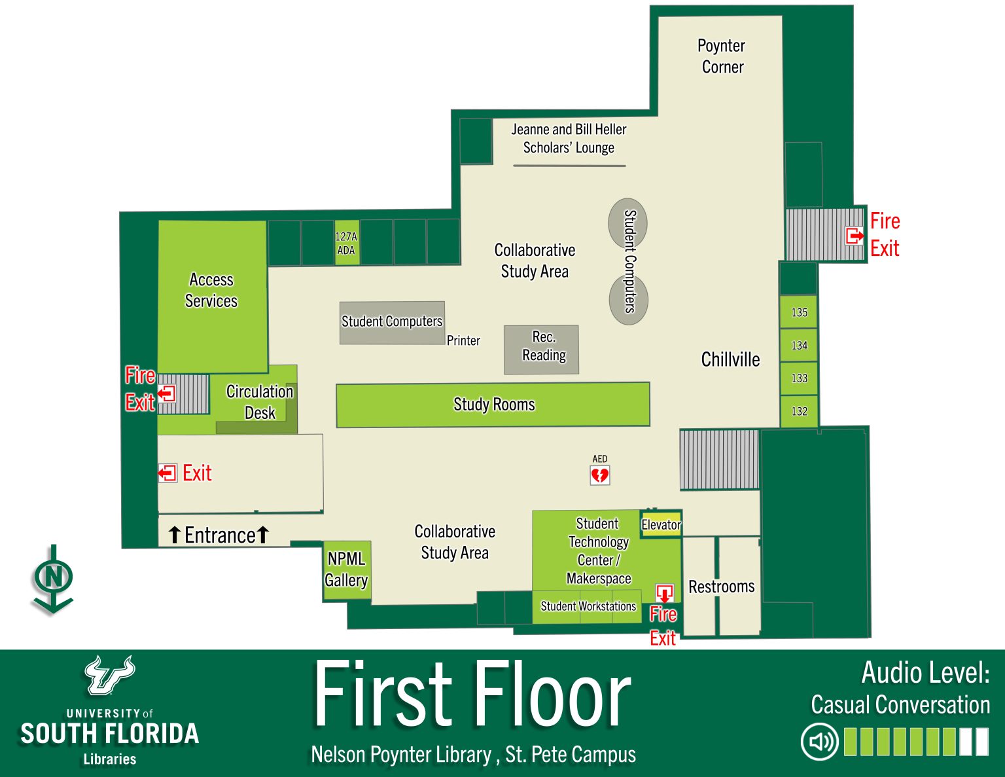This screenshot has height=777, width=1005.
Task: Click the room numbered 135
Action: [799, 312]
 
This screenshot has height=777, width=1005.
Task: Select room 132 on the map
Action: [799, 411]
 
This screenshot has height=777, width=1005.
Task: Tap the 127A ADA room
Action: [346, 243]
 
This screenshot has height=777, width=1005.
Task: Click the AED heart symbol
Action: [599, 475]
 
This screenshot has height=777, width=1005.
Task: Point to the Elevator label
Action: [661, 525]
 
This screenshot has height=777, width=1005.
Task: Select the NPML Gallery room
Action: [347, 569]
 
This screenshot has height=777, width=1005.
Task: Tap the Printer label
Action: [463, 340]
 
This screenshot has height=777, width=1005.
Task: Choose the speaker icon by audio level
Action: [820, 742]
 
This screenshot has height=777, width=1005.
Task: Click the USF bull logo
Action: [109, 675]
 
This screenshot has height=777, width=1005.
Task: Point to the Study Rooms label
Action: [494, 405]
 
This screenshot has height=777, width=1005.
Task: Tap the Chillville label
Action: [730, 359]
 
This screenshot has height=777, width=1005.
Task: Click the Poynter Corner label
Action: [722, 56]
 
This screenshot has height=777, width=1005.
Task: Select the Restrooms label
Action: [721, 587]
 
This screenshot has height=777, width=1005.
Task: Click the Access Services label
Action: [211, 290]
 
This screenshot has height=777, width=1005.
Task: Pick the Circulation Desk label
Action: [260, 402]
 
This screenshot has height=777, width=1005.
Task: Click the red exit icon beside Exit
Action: [167, 473]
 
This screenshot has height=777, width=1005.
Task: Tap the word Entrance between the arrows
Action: [220, 535]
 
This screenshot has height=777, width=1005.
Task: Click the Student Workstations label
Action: [588, 606]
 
